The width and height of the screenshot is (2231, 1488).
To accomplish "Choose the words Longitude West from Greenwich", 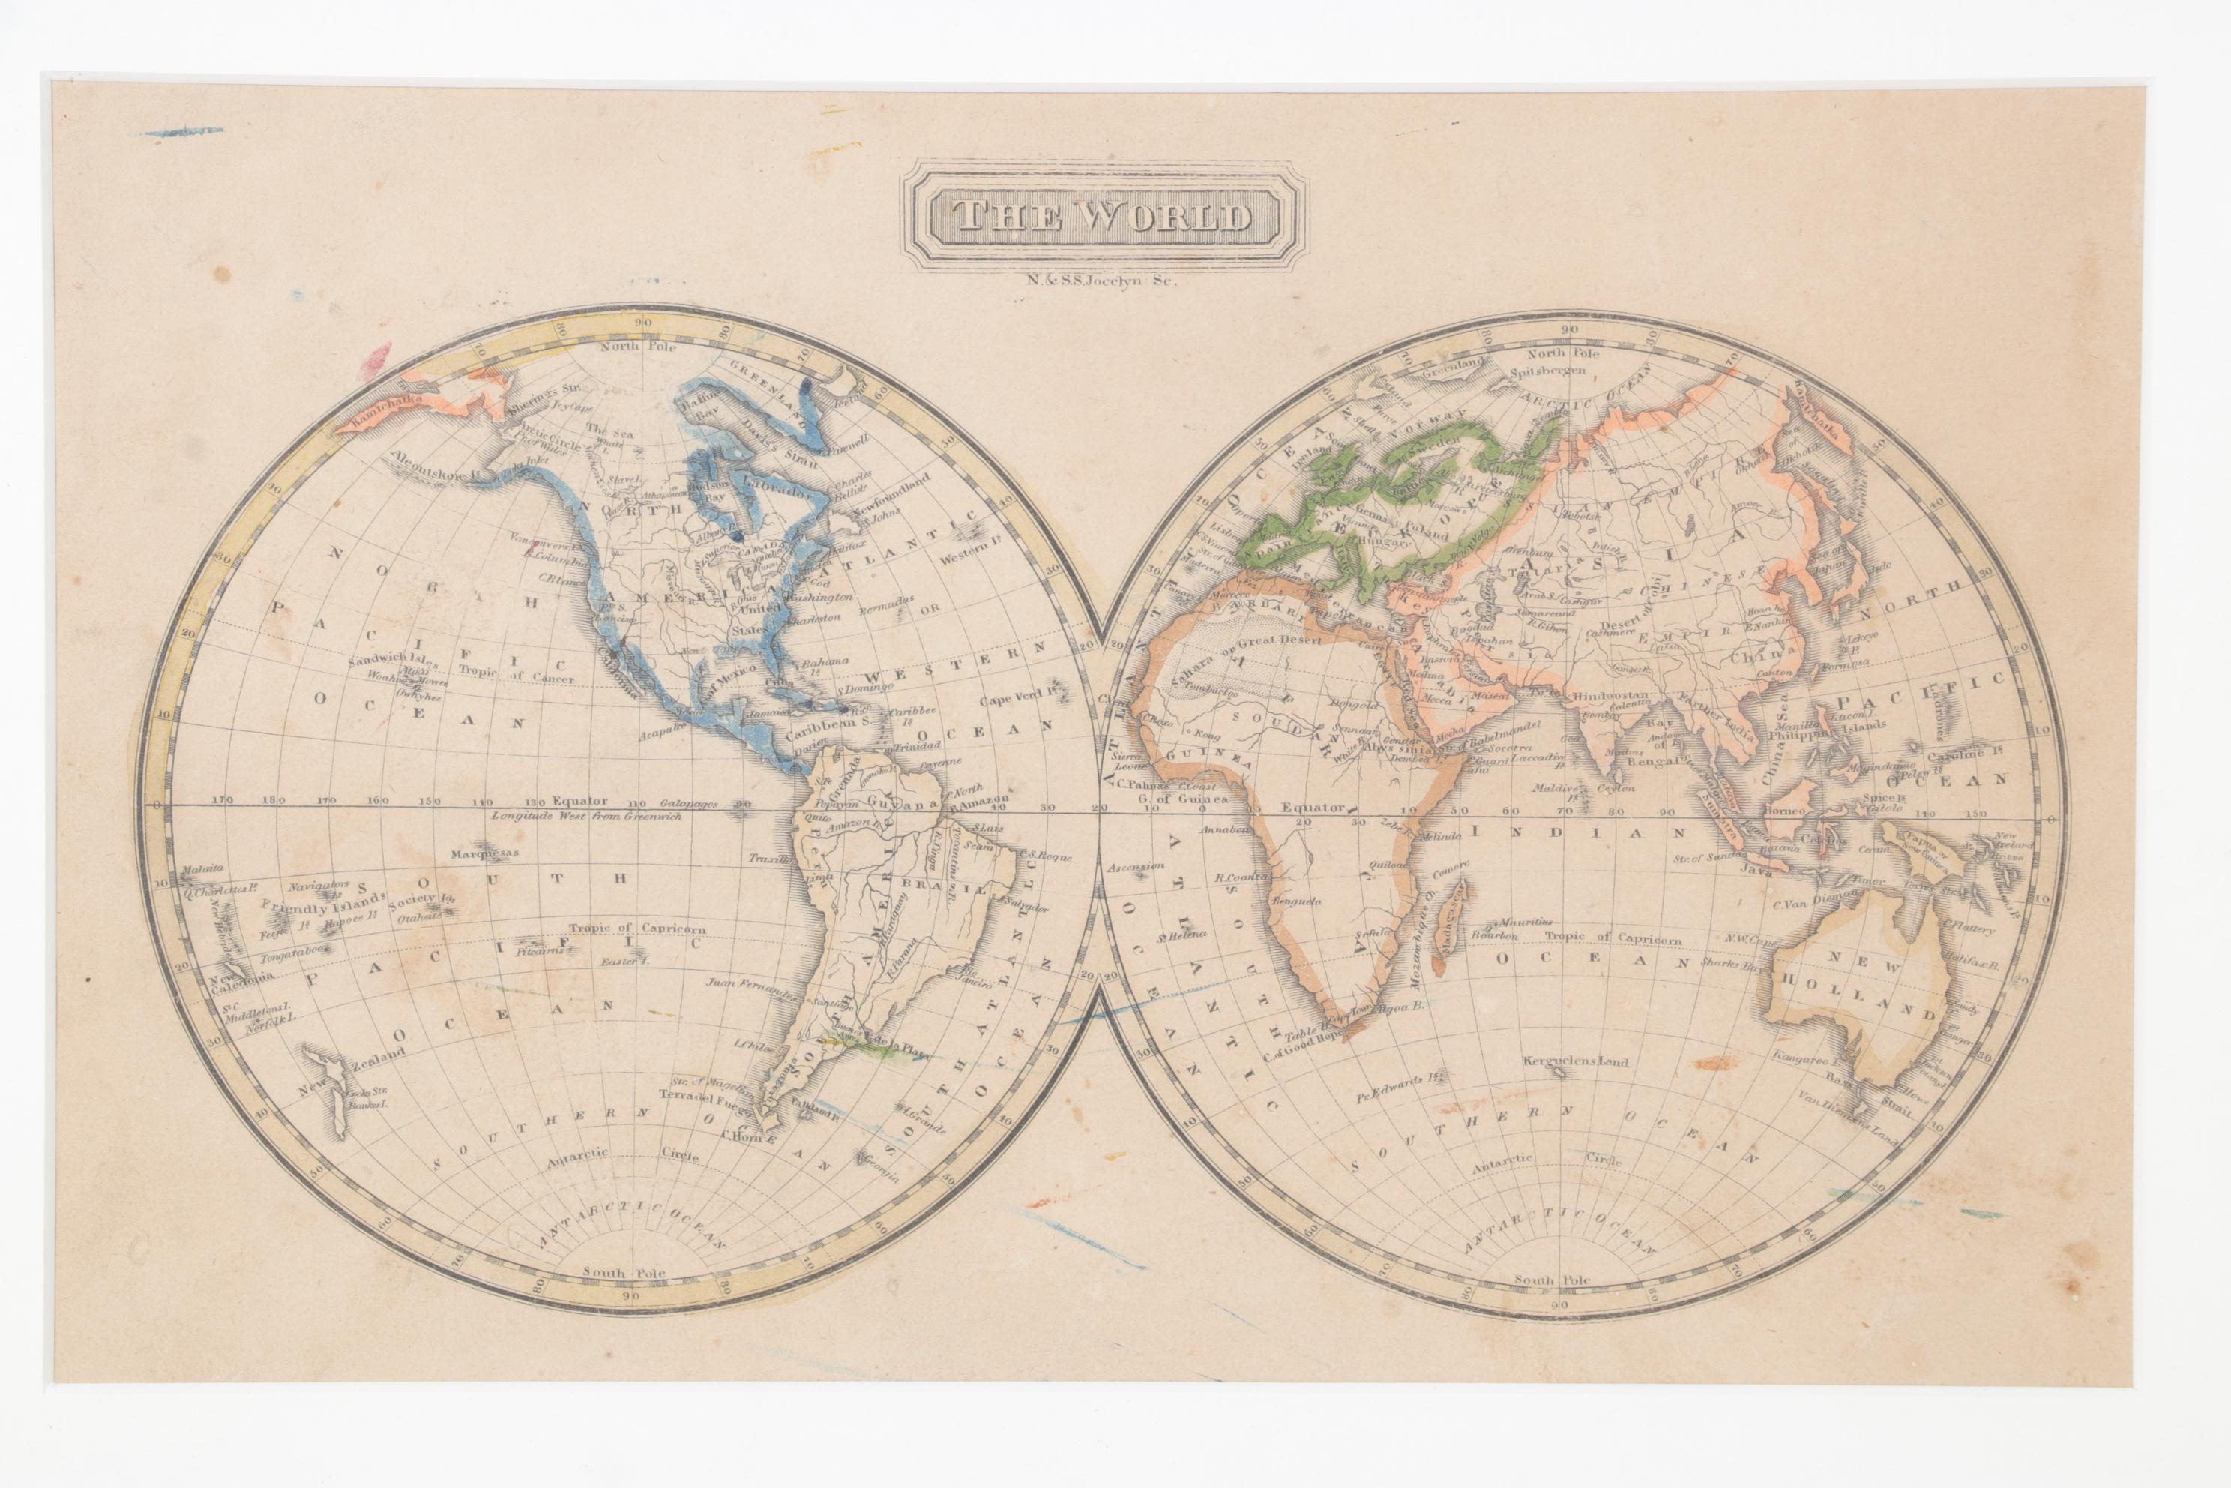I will click(x=586, y=816).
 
